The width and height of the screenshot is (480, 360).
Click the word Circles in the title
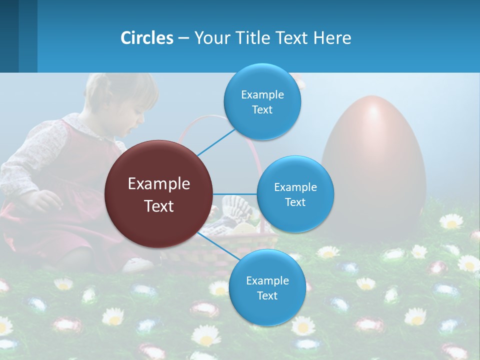click(146, 38)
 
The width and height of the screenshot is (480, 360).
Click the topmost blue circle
click(262, 101)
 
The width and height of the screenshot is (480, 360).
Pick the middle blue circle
click(295, 194)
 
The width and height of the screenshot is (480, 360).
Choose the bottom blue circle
click(267, 287)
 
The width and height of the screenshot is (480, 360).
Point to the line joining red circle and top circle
click(216, 141)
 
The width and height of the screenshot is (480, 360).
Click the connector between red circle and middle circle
click(235, 194)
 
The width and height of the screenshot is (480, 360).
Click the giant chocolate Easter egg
click(373, 165)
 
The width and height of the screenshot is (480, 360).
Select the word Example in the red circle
click(159, 184)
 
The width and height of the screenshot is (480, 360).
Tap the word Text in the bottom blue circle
click(267, 295)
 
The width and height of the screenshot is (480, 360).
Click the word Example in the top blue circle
click(262, 94)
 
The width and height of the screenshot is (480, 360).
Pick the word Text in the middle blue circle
click(295, 202)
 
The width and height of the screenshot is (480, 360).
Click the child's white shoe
click(138, 264)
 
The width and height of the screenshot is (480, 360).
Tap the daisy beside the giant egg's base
click(451, 221)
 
